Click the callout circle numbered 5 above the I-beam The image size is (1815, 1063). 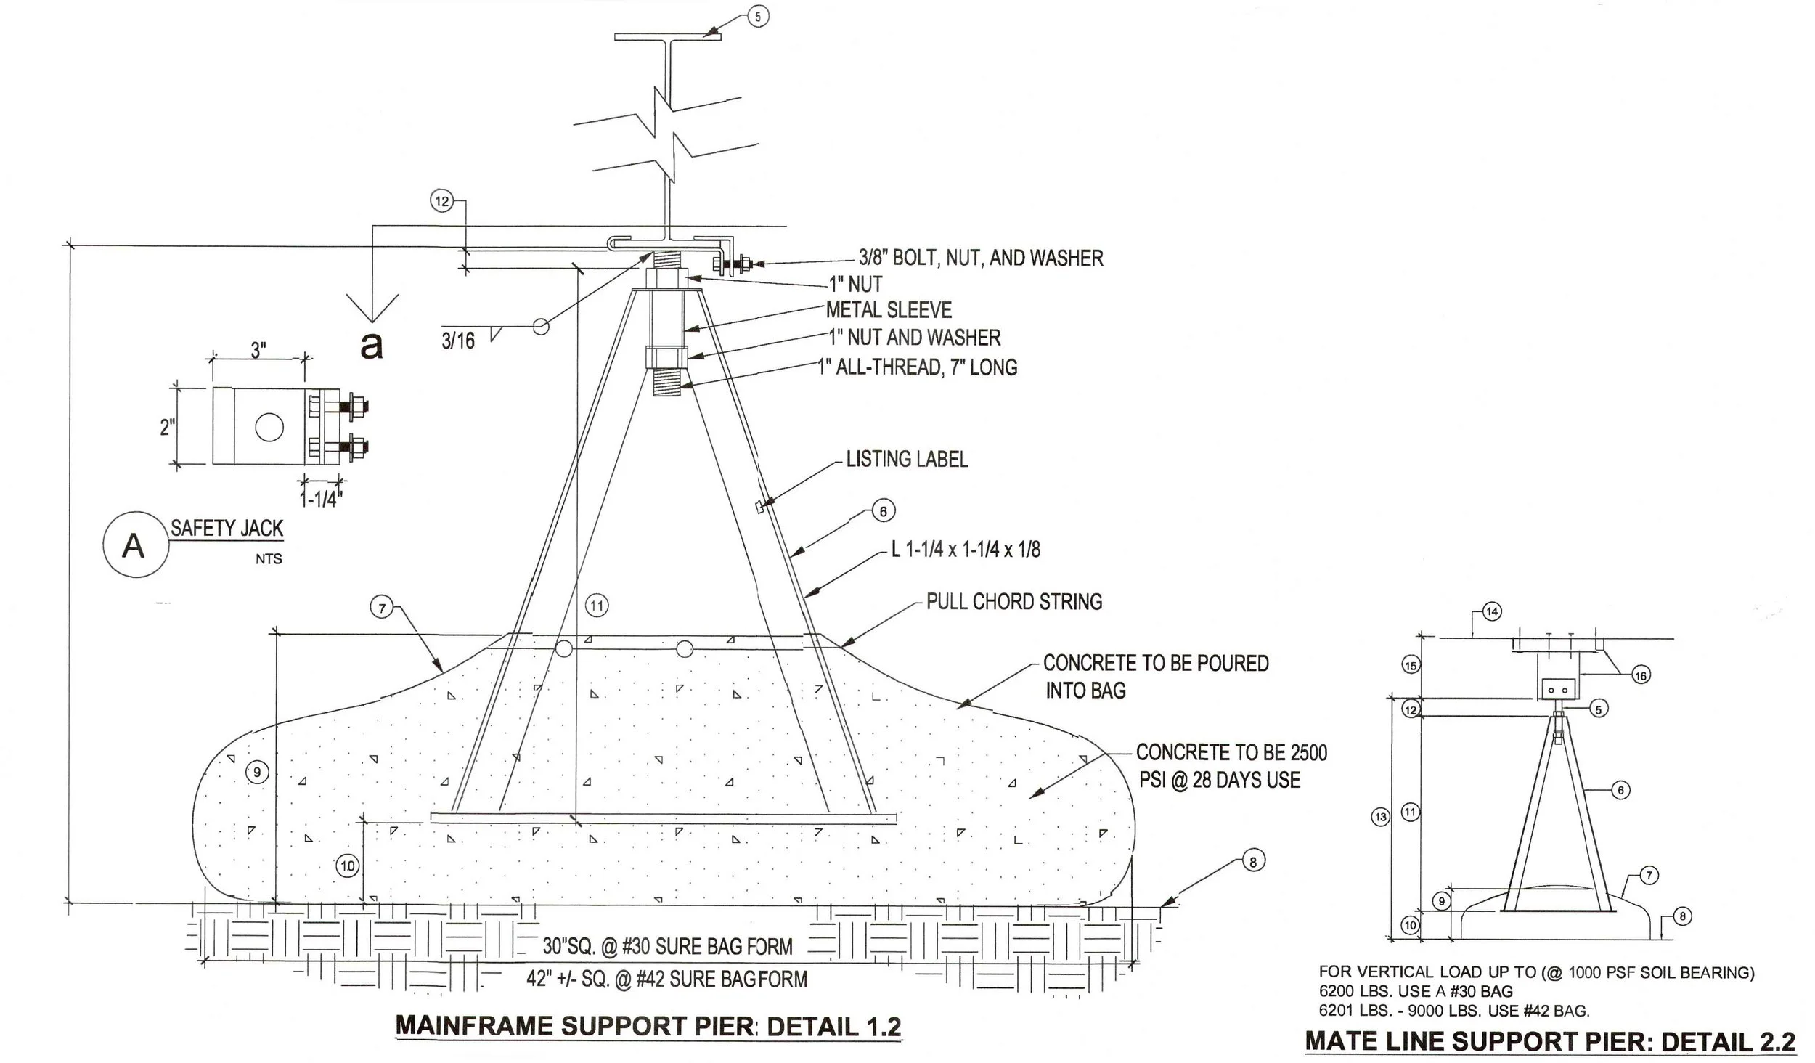pyautogui.click(x=758, y=16)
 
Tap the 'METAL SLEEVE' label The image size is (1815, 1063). pyautogui.click(x=889, y=310)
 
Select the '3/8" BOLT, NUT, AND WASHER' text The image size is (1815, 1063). pyautogui.click(x=981, y=258)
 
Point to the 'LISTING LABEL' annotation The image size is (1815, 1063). pyautogui.click(x=907, y=459)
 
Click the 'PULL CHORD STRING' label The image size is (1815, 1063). pyautogui.click(x=1014, y=601)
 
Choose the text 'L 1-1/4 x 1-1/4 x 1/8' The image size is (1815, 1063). pyautogui.click(x=966, y=549)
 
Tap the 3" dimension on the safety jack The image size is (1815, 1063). pyautogui.click(x=258, y=350)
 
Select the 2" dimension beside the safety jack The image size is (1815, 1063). pyautogui.click(x=167, y=428)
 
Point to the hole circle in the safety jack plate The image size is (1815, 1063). pyautogui.click(x=269, y=427)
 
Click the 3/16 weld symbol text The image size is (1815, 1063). pyautogui.click(x=458, y=341)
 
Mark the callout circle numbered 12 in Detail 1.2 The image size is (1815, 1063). pyautogui.click(x=441, y=201)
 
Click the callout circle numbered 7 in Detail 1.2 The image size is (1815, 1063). pyautogui.click(x=383, y=607)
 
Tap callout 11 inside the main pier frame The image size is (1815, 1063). pyautogui.click(x=597, y=606)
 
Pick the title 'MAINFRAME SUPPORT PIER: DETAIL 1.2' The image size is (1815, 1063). pyautogui.click(x=648, y=1027)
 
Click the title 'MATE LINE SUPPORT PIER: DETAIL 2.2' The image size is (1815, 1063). pyautogui.click(x=1549, y=1041)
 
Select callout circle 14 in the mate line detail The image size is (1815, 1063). pyautogui.click(x=1491, y=611)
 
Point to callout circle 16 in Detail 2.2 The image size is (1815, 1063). pyautogui.click(x=1641, y=675)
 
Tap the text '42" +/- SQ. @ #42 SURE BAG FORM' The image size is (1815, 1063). pyautogui.click(x=666, y=979)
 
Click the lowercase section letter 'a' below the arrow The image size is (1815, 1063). pyautogui.click(x=372, y=346)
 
